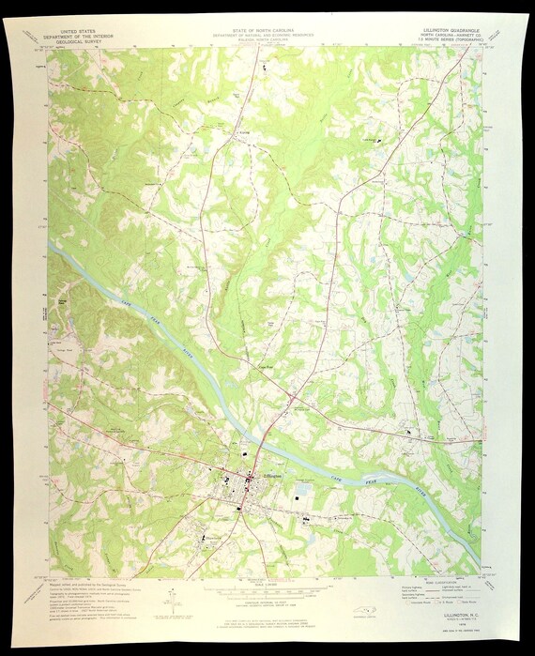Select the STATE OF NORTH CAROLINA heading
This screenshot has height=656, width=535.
pos(267,30)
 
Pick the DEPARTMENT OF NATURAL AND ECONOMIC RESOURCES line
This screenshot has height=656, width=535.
pos(267,36)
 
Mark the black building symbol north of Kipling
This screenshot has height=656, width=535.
pos(264,67)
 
